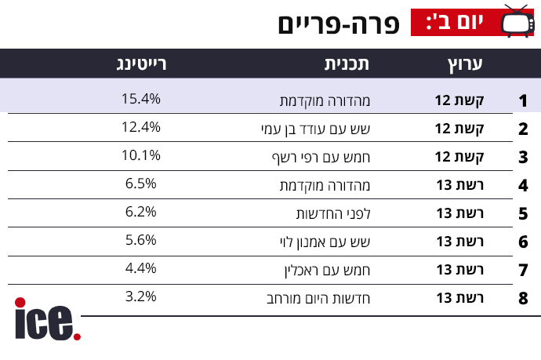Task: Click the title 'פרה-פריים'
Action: (x=338, y=24)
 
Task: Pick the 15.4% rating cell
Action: (x=141, y=99)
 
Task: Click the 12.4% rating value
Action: (x=141, y=127)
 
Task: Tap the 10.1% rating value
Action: (x=141, y=155)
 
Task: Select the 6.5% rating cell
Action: (x=141, y=184)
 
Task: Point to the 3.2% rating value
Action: (x=141, y=296)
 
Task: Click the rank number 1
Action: (x=523, y=101)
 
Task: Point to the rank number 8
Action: (x=523, y=299)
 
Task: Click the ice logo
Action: (x=47, y=319)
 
